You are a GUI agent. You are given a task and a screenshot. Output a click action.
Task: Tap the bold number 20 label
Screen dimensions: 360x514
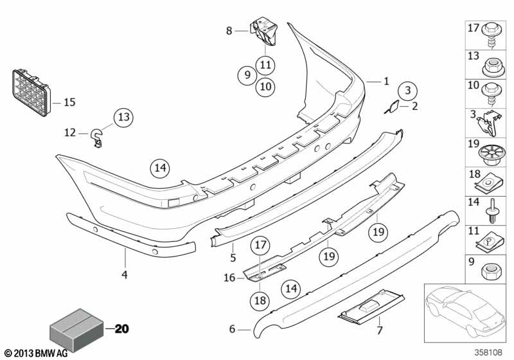tap(121, 330)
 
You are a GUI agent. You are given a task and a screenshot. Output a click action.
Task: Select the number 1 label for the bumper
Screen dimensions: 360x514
tap(386, 82)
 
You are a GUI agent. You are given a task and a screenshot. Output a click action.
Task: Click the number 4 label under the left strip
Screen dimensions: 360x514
tap(125, 275)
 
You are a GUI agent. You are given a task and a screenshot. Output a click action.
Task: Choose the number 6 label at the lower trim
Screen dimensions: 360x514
tap(232, 330)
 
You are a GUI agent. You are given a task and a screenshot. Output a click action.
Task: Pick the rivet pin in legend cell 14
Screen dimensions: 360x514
tap(492, 209)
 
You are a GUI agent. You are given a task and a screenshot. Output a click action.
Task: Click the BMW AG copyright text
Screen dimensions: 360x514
tap(36, 353)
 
